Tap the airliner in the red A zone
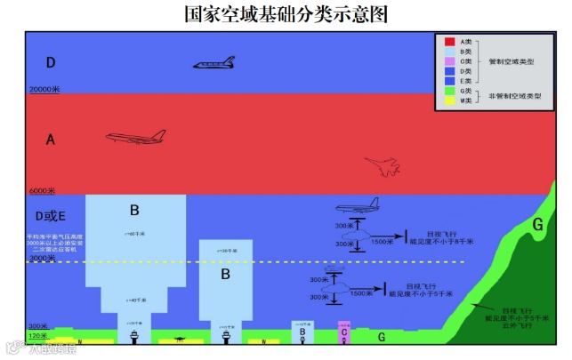coord(136,137)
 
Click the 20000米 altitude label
coord(44,90)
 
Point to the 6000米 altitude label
coord(42,191)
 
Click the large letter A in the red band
coord(51,140)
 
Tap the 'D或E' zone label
coord(50,215)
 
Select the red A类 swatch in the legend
coord(450,42)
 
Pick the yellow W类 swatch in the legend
coord(450,100)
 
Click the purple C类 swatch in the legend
coord(450,61)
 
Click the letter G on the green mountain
coord(536,225)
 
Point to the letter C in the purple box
coord(343,332)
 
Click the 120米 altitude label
coord(38,336)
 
